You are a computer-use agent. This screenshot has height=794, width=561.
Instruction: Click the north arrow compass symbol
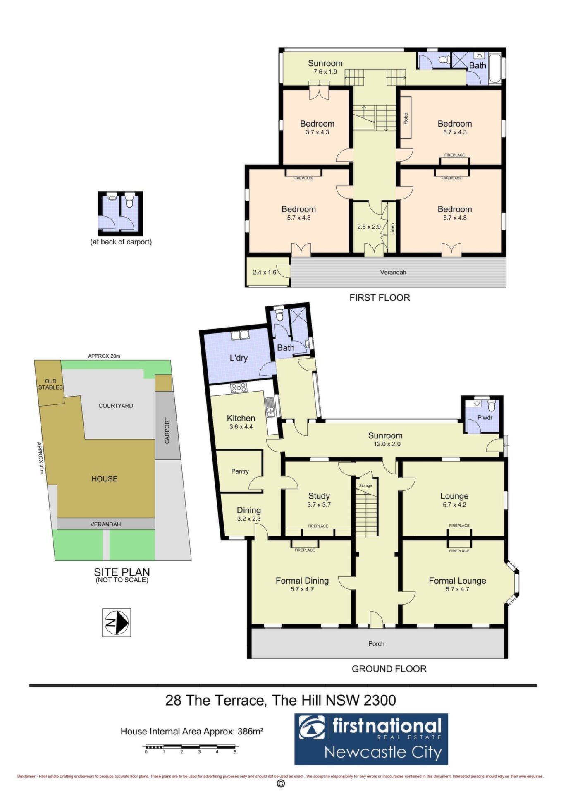click(117, 622)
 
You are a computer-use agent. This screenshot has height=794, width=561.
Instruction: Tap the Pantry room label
click(240, 471)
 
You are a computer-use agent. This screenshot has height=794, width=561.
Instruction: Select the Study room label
click(319, 496)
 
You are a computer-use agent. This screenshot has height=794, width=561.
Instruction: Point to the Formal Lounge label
click(457, 581)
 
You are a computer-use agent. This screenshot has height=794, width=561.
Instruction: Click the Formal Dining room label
click(302, 581)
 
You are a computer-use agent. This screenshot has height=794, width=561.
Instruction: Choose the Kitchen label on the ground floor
click(241, 418)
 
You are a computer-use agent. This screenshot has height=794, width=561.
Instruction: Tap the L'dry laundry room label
click(239, 358)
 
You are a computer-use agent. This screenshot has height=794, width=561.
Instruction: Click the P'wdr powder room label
click(485, 418)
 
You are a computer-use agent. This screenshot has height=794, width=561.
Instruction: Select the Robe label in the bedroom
click(406, 118)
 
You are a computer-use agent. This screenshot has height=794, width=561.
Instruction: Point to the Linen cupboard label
click(392, 229)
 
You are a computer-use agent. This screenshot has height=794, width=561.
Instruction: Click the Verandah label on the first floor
click(393, 272)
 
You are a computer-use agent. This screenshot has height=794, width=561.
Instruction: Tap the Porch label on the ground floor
click(376, 643)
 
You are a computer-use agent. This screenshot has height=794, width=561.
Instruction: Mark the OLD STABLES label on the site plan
click(51, 384)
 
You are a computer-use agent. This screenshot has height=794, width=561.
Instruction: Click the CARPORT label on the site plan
click(167, 430)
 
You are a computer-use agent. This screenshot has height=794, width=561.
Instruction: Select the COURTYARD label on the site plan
click(116, 406)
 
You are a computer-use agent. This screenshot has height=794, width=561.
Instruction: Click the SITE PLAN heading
click(122, 572)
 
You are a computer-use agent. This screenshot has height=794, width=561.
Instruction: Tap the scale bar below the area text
click(190, 747)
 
